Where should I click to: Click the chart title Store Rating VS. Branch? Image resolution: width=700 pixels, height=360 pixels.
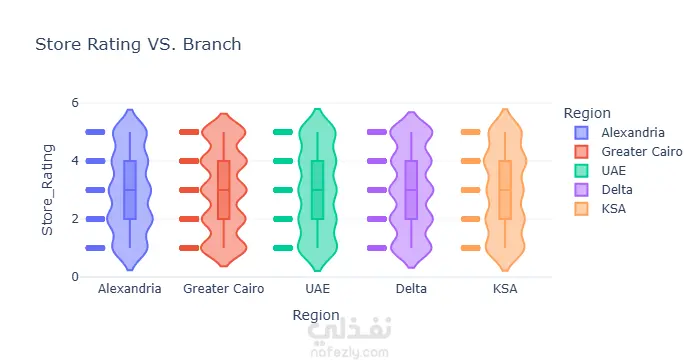[138, 44]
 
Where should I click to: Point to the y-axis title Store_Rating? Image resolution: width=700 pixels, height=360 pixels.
[47, 190]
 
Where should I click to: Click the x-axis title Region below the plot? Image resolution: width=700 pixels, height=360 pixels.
[316, 315]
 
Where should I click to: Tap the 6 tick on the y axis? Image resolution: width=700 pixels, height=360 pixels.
[75, 103]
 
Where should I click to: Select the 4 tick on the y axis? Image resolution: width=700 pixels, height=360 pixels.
[75, 161]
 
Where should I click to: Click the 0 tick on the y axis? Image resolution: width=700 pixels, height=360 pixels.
[75, 277]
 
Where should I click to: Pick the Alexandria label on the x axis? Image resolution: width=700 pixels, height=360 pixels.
[129, 289]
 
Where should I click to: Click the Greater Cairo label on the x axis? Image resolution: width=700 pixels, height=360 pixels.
[224, 289]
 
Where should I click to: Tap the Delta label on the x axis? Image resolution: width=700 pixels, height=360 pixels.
[411, 289]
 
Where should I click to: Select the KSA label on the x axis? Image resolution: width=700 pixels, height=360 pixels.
[505, 289]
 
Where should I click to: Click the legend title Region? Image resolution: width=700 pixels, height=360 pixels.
[587, 113]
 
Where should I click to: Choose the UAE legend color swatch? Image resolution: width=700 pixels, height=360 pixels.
[582, 171]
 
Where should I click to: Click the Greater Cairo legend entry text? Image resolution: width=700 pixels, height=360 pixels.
[642, 152]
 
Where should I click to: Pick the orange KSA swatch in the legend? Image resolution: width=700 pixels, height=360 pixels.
[582, 209]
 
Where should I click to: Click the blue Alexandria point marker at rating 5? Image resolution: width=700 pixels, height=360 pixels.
[95, 132]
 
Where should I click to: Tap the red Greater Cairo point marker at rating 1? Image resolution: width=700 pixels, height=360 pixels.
[189, 248]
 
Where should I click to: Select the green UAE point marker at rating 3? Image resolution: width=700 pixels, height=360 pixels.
[283, 190]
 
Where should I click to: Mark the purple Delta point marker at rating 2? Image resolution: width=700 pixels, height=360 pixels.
[377, 219]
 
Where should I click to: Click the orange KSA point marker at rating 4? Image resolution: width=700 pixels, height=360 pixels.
[471, 161]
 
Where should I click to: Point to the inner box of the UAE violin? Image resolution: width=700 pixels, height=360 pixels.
[317, 190]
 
